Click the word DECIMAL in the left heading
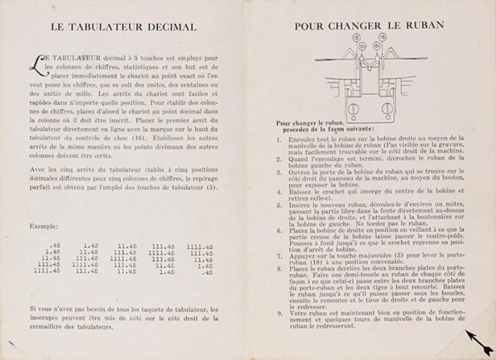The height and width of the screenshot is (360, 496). coord(169,27)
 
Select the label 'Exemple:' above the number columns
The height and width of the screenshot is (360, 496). coord(44,226)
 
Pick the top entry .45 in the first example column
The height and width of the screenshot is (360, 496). coord(54,244)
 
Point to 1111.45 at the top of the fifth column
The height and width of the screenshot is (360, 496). coord(199,245)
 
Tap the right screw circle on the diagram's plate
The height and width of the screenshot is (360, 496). coord(387,108)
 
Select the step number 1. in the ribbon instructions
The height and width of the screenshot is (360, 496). coord(280,139)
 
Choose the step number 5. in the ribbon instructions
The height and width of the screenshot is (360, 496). coord(280,204)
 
